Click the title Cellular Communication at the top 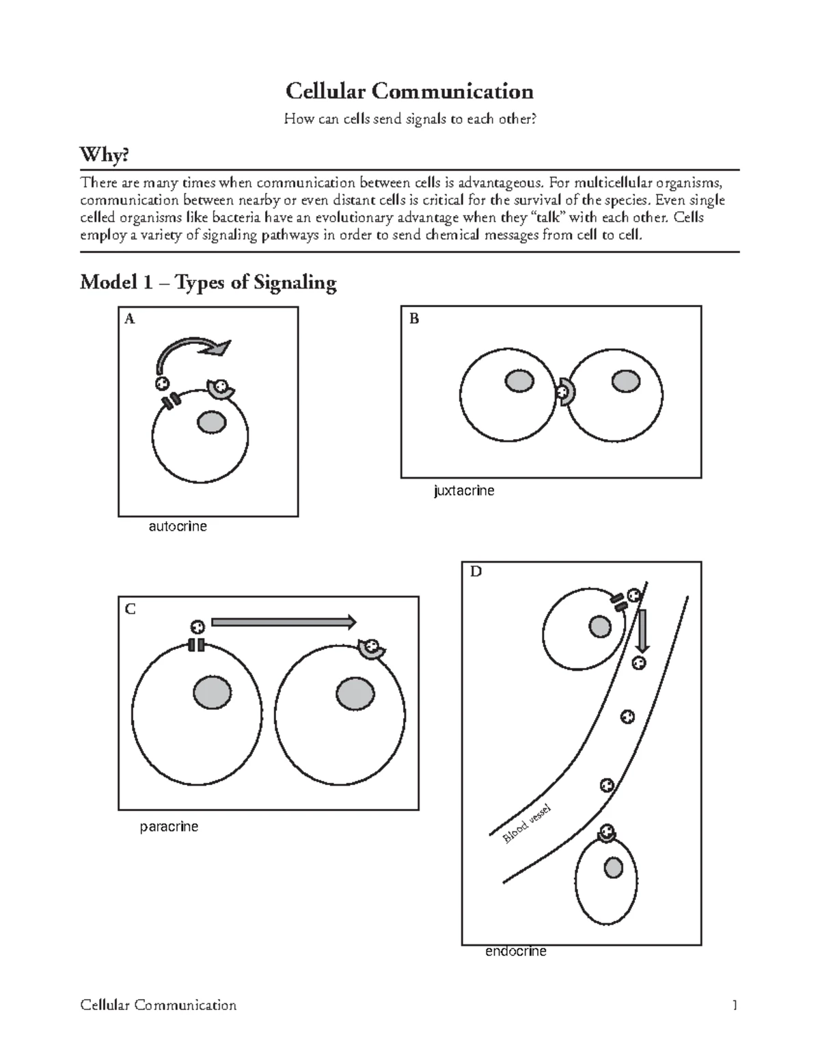tap(409, 91)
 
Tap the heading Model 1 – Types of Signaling tap(208, 282)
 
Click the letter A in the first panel tap(129, 319)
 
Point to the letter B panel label tap(413, 319)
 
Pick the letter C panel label tap(131, 609)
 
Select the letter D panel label tap(476, 572)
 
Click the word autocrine tap(178, 527)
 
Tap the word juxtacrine tap(464, 490)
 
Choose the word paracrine tap(169, 827)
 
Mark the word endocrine tap(515, 951)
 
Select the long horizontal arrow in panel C tap(284, 622)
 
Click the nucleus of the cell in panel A tap(211, 423)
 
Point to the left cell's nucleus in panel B tap(519, 381)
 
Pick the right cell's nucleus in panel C tap(355, 695)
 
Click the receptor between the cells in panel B tap(566, 393)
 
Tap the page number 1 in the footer tap(735, 1005)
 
